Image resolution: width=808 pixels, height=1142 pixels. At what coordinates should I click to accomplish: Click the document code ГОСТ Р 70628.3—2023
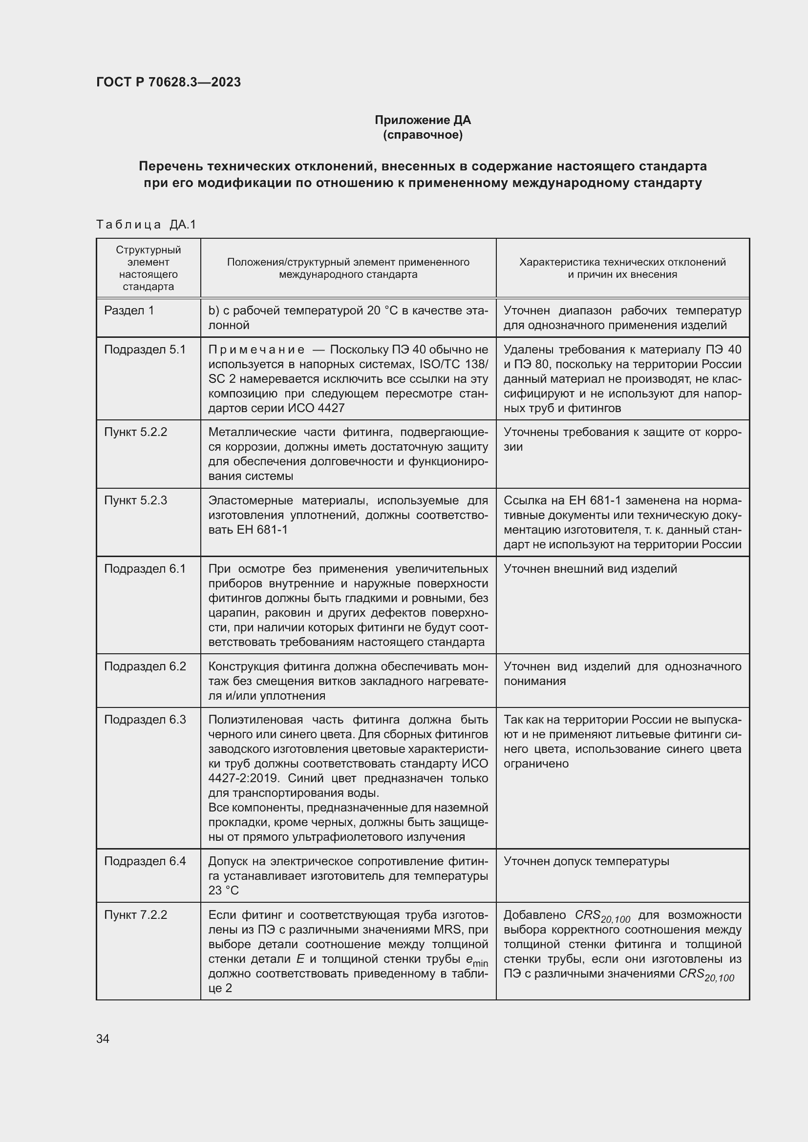point(168,82)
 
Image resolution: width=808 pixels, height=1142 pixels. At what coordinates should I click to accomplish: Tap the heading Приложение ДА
point(423,120)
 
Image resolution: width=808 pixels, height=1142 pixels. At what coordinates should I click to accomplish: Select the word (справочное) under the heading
point(423,135)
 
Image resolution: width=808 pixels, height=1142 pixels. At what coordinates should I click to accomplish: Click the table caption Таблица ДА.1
point(146,225)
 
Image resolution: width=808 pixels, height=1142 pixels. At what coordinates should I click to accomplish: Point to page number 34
point(103,1038)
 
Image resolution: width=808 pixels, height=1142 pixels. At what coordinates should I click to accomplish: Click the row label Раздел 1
point(129,311)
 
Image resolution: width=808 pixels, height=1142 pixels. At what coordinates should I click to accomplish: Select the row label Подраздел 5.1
point(145,350)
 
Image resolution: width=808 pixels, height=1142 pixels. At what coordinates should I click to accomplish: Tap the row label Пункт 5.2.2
point(135,432)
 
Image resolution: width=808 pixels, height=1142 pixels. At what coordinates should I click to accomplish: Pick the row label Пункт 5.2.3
point(135,500)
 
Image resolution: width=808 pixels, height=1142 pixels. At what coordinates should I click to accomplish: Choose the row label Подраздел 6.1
point(145,568)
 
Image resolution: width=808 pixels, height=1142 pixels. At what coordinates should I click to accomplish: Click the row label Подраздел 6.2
point(145,666)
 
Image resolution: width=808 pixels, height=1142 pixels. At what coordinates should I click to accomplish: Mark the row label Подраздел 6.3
point(145,720)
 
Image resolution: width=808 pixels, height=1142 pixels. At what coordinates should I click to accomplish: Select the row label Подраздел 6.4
point(145,861)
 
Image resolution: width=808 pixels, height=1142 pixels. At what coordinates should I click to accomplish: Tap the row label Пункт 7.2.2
point(135,914)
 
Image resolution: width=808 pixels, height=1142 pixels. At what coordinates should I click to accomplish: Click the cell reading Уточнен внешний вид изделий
point(590,568)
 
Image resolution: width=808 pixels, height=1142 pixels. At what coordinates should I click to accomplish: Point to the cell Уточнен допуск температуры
point(586,861)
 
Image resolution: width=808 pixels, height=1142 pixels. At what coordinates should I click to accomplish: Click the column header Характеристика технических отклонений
point(622,262)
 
